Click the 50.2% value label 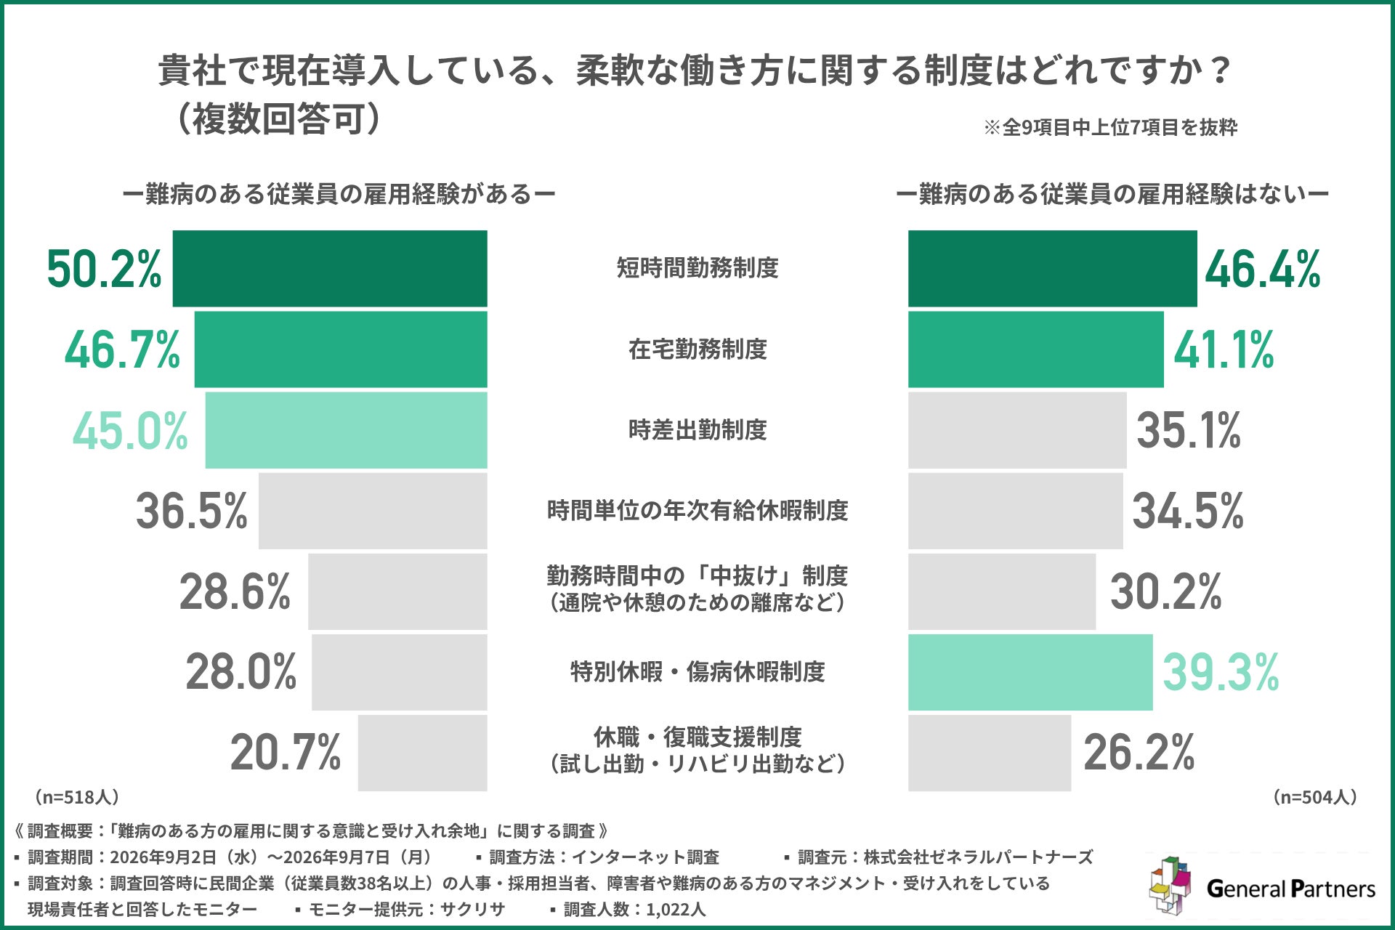(105, 269)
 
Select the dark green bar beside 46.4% (1052, 269)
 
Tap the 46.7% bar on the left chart (341, 349)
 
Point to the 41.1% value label (1224, 349)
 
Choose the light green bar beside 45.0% (346, 430)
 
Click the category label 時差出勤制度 (697, 430)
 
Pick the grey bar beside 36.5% (373, 511)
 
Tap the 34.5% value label (1188, 511)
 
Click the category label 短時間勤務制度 (697, 268)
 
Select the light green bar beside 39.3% (1030, 672)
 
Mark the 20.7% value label (286, 753)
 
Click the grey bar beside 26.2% (990, 753)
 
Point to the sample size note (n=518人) (76, 797)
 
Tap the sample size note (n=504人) (1315, 797)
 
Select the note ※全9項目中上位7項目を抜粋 (1110, 128)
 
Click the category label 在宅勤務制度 (697, 349)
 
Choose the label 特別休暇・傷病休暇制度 (697, 672)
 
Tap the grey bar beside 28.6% (397, 591)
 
